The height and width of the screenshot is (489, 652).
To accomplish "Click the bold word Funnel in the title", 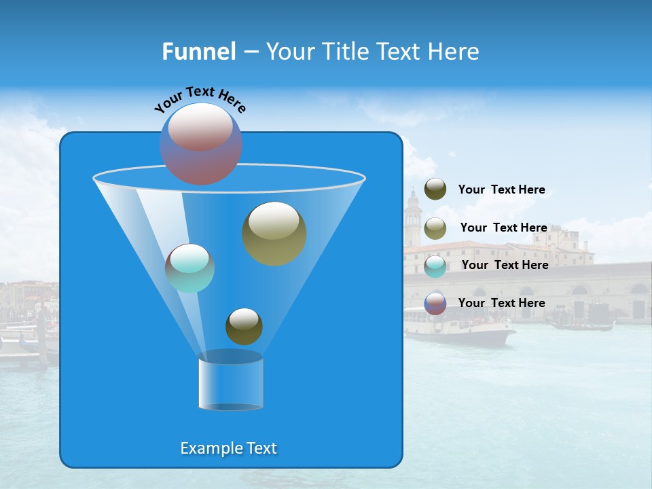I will [198, 52].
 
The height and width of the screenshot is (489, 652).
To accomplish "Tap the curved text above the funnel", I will [200, 100].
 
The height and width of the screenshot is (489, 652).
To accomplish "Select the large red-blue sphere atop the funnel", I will [200, 144].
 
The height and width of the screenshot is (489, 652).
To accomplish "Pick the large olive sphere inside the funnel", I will [274, 234].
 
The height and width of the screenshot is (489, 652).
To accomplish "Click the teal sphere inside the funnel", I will [189, 268].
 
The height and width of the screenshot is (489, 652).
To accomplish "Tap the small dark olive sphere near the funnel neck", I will [244, 326].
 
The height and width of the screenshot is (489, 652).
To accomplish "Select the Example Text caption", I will [229, 448].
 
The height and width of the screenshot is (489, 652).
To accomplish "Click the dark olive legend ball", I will [435, 189].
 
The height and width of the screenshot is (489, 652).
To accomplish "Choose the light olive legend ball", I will [435, 228].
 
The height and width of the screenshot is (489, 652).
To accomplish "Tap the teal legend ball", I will [435, 266].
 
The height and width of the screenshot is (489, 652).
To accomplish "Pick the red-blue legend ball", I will [435, 304].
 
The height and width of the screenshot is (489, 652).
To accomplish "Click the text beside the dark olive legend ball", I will [501, 189].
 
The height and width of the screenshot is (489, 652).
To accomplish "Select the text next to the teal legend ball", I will [505, 265].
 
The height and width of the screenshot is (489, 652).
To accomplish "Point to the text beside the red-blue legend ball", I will [501, 303].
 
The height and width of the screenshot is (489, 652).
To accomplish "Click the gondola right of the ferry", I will [581, 325].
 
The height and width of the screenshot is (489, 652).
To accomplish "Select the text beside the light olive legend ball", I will [503, 228].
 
